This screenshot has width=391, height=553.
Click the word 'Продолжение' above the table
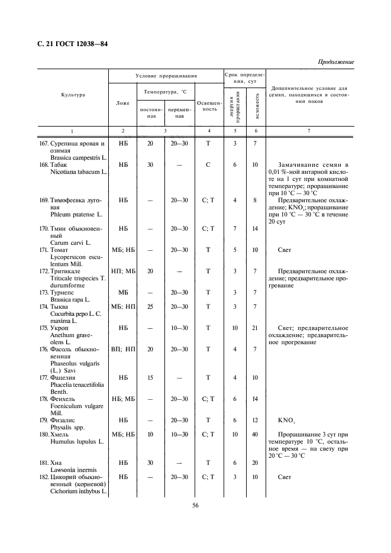[x=336, y=62]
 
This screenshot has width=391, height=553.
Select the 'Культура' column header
[x=73, y=95]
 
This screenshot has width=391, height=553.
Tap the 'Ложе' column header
[x=123, y=102]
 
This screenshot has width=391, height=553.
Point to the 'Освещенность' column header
[x=208, y=106]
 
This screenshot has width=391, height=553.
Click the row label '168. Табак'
[x=67, y=164]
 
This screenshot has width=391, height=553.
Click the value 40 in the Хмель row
[x=256, y=434]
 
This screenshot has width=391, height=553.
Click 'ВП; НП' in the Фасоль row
[x=123, y=349]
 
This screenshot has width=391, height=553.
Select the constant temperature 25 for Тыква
[x=150, y=306]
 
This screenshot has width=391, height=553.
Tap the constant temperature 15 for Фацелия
[x=150, y=377]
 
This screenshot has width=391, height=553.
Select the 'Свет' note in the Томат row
[x=285, y=250]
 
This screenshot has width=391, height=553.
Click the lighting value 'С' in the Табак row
[x=208, y=164]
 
